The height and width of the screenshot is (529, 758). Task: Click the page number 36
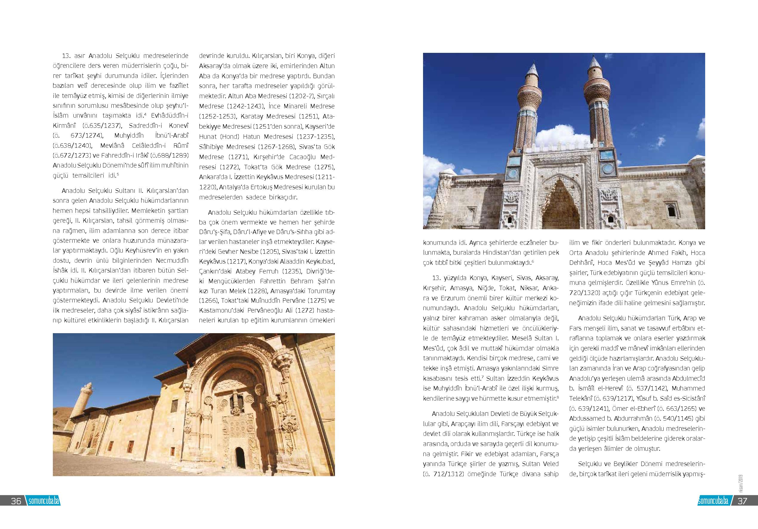coord(16,501)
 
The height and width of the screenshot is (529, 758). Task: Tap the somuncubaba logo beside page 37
coord(713,501)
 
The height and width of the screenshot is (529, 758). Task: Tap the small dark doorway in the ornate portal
coord(240,456)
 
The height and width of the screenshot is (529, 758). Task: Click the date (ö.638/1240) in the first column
coord(72,146)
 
